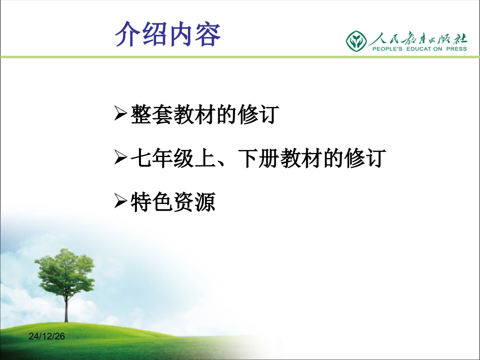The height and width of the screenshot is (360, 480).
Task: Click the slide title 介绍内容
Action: point(168,34)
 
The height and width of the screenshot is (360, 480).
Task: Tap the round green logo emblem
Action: point(356,40)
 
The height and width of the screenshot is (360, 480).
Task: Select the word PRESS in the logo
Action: point(453,49)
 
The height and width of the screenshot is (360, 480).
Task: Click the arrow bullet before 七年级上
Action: point(120,159)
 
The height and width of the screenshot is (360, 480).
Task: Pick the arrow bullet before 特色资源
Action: point(120,203)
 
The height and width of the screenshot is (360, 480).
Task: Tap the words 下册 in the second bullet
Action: point(258,159)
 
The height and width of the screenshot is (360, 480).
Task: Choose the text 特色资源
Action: point(173,203)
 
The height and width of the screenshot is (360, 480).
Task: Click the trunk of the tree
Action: point(66,308)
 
